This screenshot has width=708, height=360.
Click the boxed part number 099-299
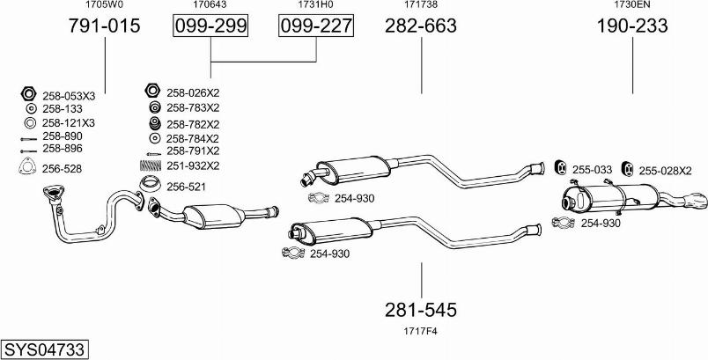point(210,26)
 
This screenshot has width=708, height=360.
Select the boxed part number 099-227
point(315,26)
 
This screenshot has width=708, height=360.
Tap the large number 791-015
point(104,26)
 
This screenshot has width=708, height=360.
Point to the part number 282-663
point(421,26)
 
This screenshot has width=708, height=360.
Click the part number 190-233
point(632,26)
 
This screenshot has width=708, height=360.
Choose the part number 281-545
point(421,310)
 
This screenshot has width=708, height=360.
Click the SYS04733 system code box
point(44,349)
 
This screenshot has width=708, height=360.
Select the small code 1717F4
point(421,332)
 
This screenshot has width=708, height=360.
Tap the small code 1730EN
point(631,4)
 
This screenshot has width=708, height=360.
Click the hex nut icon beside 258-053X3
point(28,94)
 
